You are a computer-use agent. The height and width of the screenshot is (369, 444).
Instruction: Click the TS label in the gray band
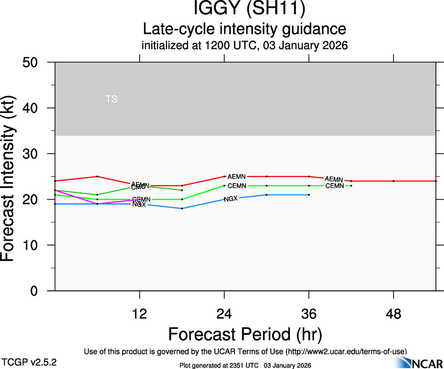click(x=112, y=99)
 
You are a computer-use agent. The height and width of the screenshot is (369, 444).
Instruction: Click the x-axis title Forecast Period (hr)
click(x=245, y=334)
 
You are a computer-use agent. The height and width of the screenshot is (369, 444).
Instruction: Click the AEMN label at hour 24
click(x=237, y=176)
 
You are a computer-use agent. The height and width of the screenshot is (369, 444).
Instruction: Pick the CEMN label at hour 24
click(x=237, y=186)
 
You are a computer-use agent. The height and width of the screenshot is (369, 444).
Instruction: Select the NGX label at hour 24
click(x=231, y=199)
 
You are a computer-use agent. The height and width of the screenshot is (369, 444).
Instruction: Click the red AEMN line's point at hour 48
click(x=393, y=181)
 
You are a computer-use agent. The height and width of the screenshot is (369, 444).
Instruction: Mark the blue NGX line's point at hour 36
click(x=309, y=194)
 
